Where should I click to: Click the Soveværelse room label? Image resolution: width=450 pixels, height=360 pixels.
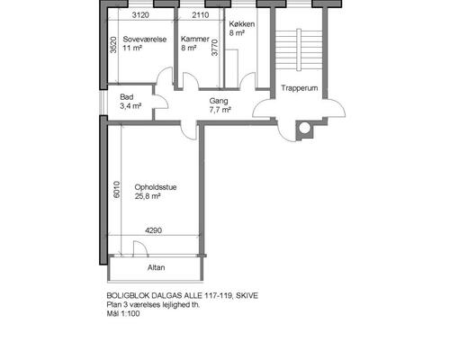(x=145, y=40)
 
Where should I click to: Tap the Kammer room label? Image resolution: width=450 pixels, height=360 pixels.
(x=195, y=39)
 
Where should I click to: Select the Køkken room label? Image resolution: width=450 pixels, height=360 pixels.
(x=242, y=24)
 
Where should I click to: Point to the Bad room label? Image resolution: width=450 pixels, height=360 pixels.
(x=127, y=97)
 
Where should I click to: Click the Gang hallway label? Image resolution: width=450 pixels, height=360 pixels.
(x=219, y=101)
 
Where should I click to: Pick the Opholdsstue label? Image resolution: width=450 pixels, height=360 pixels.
(x=156, y=187)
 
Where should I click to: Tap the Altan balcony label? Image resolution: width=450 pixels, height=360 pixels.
(x=156, y=267)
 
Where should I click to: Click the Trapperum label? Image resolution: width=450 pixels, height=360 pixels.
(x=299, y=88)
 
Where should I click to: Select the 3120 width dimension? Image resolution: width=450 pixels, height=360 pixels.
(x=140, y=15)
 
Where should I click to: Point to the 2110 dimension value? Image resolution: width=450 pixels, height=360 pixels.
(x=201, y=15)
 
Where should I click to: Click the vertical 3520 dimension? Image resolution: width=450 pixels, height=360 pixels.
(x=113, y=45)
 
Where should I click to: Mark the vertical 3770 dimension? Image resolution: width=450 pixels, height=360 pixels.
(x=215, y=48)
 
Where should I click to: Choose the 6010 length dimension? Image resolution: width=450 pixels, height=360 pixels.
(x=117, y=190)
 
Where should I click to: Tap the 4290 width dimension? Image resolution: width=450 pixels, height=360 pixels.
(x=153, y=230)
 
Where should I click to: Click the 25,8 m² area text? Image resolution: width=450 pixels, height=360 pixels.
(x=148, y=196)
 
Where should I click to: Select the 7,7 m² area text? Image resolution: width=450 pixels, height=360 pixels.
(x=220, y=110)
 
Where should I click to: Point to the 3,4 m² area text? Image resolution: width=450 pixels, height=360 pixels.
(x=130, y=106)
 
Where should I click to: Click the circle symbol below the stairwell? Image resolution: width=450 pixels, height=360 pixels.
(x=304, y=128)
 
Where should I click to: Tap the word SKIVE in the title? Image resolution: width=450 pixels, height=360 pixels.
(x=247, y=296)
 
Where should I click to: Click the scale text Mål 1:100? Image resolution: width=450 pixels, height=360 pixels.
(x=123, y=314)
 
